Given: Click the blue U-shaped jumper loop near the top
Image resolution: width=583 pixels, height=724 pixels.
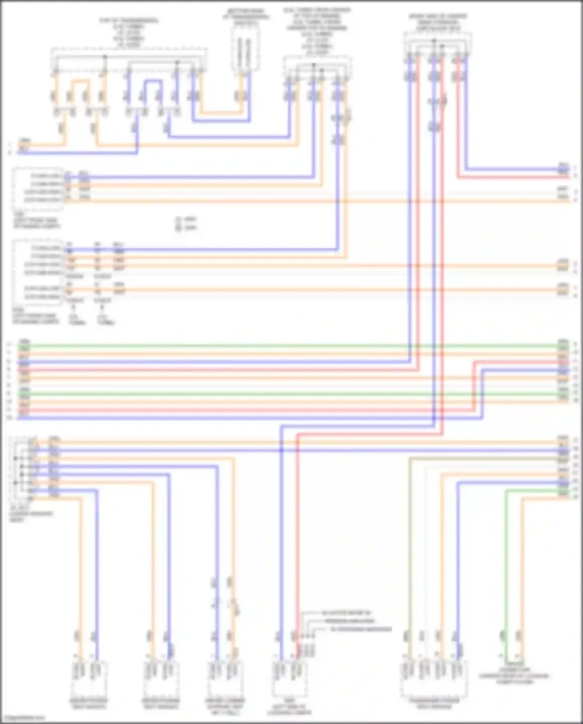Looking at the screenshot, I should click(153, 82).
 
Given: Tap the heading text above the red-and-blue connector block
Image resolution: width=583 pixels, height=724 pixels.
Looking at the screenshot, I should click(437, 23).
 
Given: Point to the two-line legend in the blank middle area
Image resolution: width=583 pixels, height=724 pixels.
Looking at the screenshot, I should click(186, 223).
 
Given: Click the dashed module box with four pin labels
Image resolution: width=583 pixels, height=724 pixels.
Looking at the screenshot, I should click(38, 188).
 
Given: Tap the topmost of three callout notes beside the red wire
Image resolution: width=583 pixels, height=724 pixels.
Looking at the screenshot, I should click(346, 613).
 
